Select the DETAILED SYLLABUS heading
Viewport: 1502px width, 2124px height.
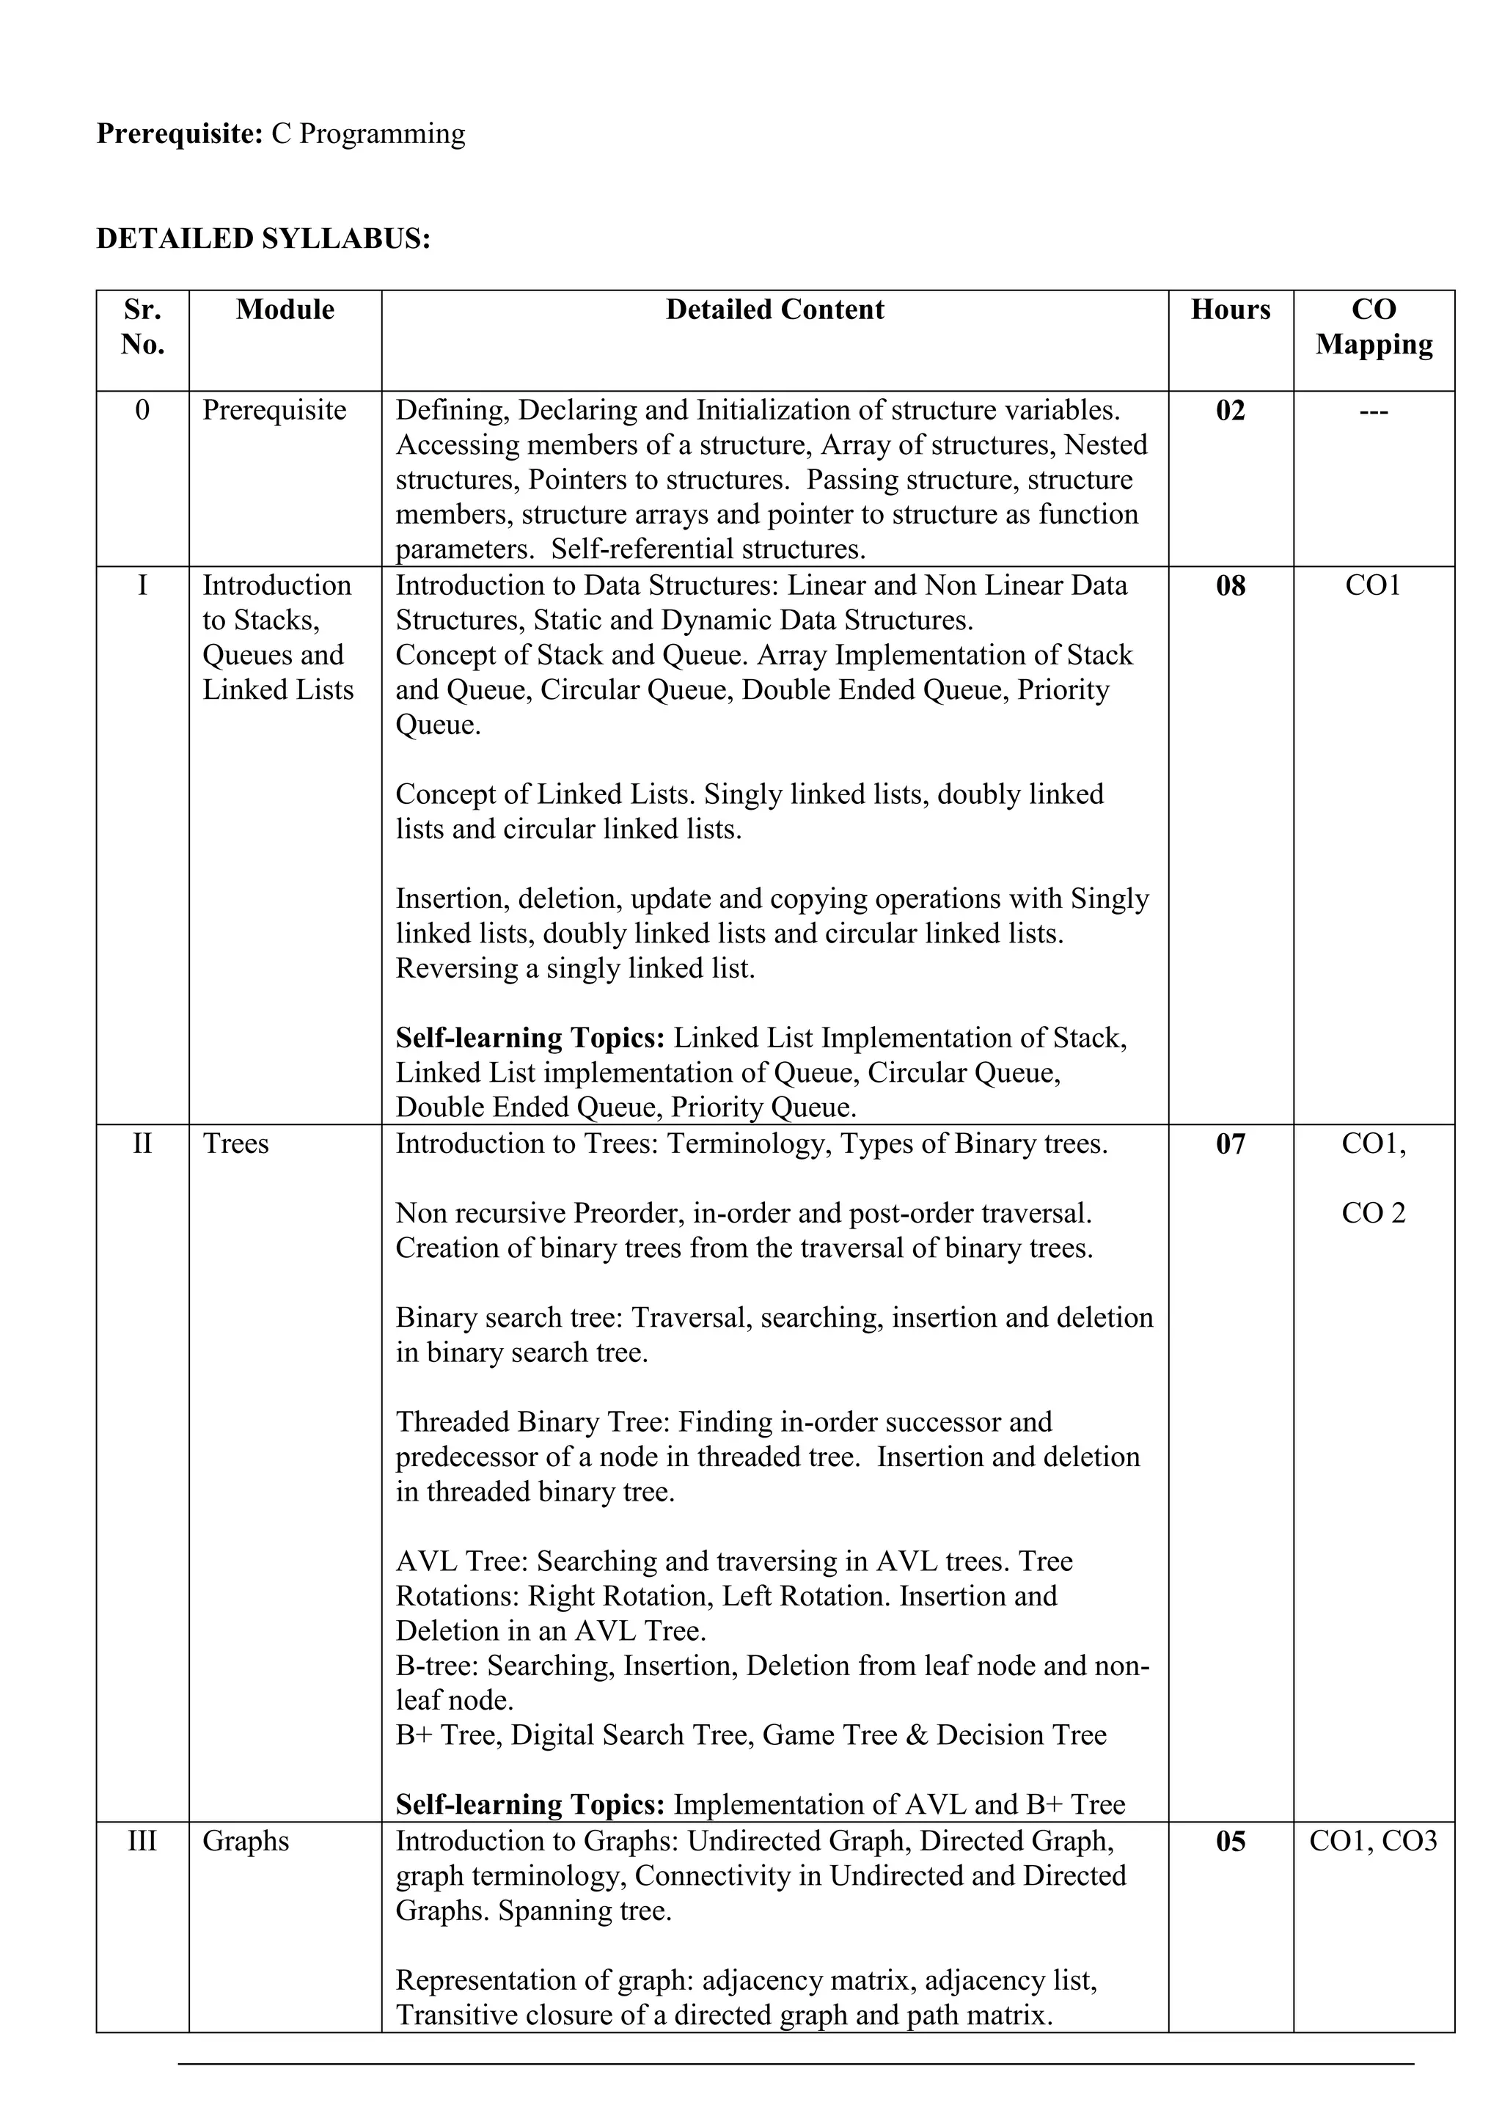(263, 238)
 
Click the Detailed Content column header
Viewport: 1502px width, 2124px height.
(774, 310)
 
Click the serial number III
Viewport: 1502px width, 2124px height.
(142, 1841)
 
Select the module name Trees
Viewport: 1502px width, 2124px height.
(236, 1144)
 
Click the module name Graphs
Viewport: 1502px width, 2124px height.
(246, 1841)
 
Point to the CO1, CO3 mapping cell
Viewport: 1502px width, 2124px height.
(1374, 1841)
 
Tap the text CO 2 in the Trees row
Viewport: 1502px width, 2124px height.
(1374, 1213)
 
